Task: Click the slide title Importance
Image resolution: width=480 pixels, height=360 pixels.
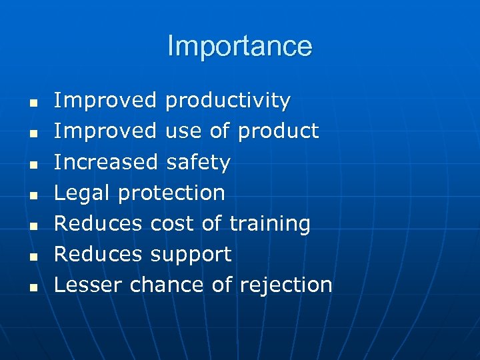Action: (239, 46)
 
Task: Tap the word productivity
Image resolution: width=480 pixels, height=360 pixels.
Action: (227, 101)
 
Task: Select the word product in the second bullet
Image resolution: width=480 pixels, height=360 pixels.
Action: (278, 131)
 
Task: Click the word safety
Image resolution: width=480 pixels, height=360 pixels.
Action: (198, 162)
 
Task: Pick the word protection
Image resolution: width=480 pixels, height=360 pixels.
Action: (171, 193)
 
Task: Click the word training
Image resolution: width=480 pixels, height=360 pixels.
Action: (269, 224)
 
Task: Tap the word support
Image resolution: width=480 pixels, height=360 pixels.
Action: (191, 255)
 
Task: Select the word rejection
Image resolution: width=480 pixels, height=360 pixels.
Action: (285, 285)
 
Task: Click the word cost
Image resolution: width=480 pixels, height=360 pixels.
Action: (173, 223)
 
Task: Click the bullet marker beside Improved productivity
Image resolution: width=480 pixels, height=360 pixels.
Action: (31, 103)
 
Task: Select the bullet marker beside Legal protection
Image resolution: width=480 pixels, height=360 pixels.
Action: (31, 195)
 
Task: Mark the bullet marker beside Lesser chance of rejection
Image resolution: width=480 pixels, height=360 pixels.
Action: (31, 287)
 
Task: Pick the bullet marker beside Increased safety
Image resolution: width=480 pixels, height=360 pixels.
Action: (31, 165)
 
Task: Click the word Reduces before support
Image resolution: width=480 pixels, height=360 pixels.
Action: (98, 254)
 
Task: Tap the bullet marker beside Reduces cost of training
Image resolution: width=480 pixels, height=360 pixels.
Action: (31, 226)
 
